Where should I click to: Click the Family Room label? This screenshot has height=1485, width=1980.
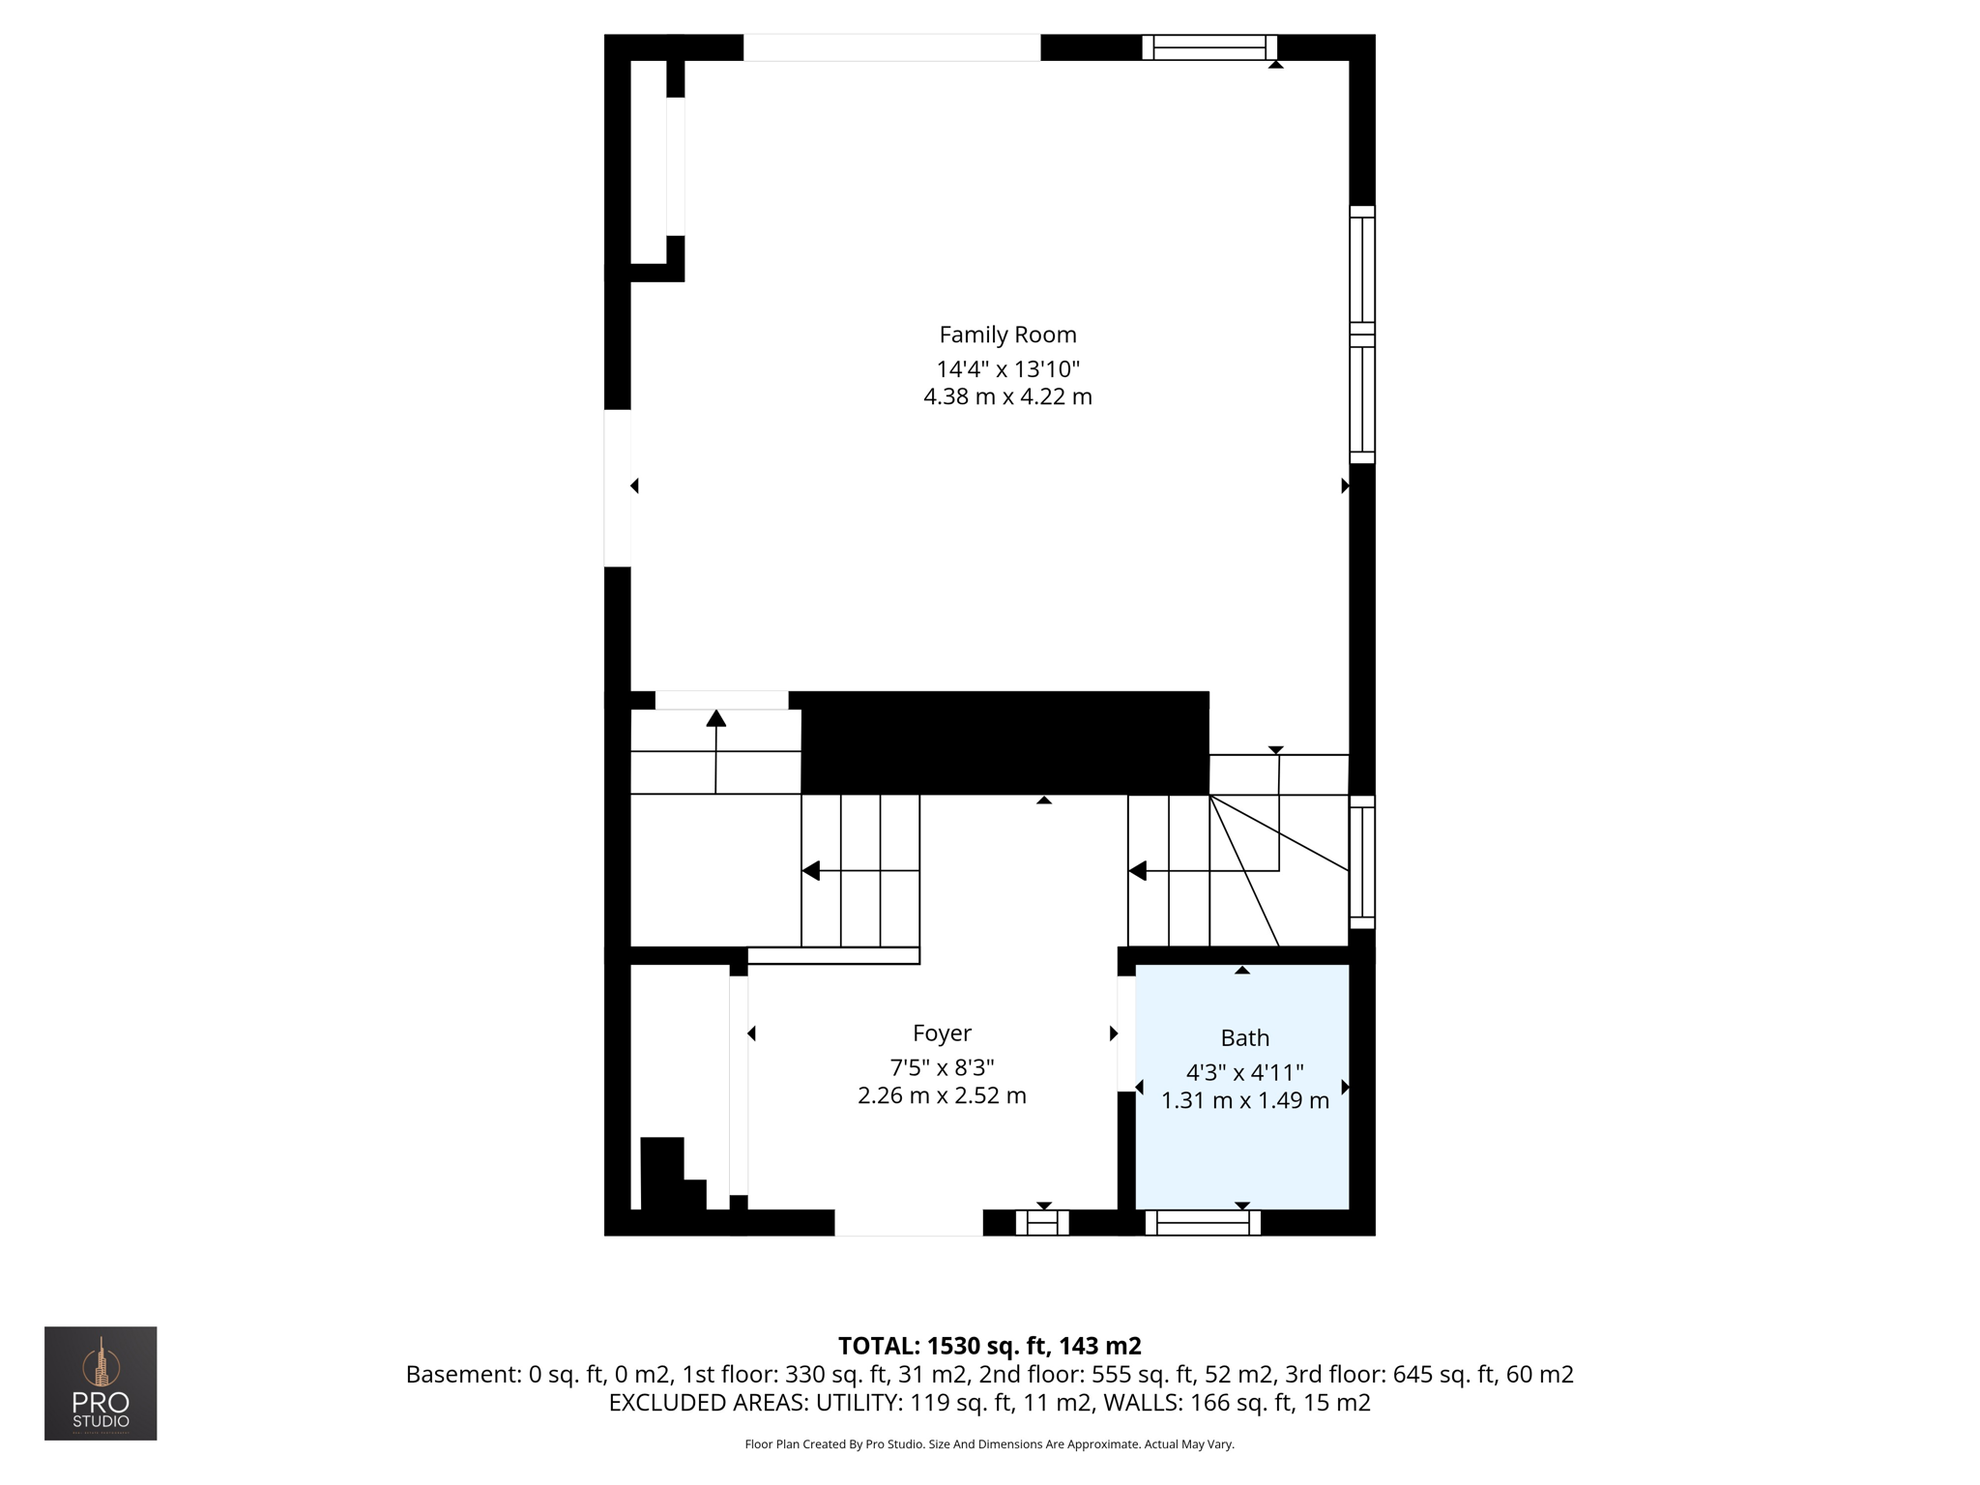[x=1007, y=335]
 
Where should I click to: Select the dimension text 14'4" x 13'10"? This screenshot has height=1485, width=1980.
[x=1007, y=368]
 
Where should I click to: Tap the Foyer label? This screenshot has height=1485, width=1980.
[x=942, y=1033]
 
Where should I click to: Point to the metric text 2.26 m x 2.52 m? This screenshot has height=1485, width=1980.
[x=942, y=1095]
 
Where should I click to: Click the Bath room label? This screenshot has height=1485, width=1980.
[x=1244, y=1037]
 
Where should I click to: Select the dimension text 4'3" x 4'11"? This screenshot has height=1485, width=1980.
[x=1244, y=1071]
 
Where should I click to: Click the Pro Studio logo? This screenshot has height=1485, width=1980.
[x=101, y=1383]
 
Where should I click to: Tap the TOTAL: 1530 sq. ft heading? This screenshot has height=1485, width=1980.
[x=989, y=1345]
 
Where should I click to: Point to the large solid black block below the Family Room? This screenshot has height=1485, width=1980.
[x=1005, y=742]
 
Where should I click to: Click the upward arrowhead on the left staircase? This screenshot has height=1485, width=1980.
[x=715, y=717]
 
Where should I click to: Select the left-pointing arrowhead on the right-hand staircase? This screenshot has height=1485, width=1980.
[x=1138, y=871]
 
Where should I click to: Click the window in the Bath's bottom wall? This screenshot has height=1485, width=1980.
[x=1203, y=1223]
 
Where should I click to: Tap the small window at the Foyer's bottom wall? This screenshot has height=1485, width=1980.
[x=1042, y=1223]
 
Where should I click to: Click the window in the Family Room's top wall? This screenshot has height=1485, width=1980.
[x=1209, y=47]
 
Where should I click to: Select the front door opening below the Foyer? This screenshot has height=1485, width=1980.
[x=908, y=1223]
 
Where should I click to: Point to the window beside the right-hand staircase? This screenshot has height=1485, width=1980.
[x=1362, y=861]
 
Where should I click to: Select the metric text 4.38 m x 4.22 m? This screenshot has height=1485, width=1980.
[x=1007, y=396]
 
